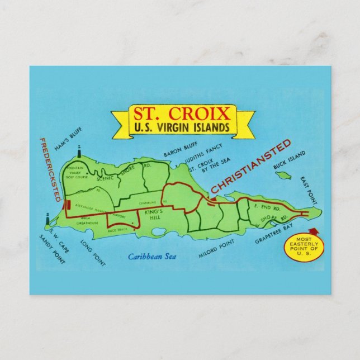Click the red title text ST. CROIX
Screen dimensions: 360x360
coord(182,114)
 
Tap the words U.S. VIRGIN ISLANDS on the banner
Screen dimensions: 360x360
coord(182,127)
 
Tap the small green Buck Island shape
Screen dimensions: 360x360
coord(284,176)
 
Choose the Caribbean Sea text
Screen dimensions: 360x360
coord(151,257)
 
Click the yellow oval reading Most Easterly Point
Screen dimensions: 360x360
coord(305,248)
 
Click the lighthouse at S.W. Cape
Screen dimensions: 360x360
coord(48,218)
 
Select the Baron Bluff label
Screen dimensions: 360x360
coord(178,149)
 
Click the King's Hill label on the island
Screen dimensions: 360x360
coord(152,214)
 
